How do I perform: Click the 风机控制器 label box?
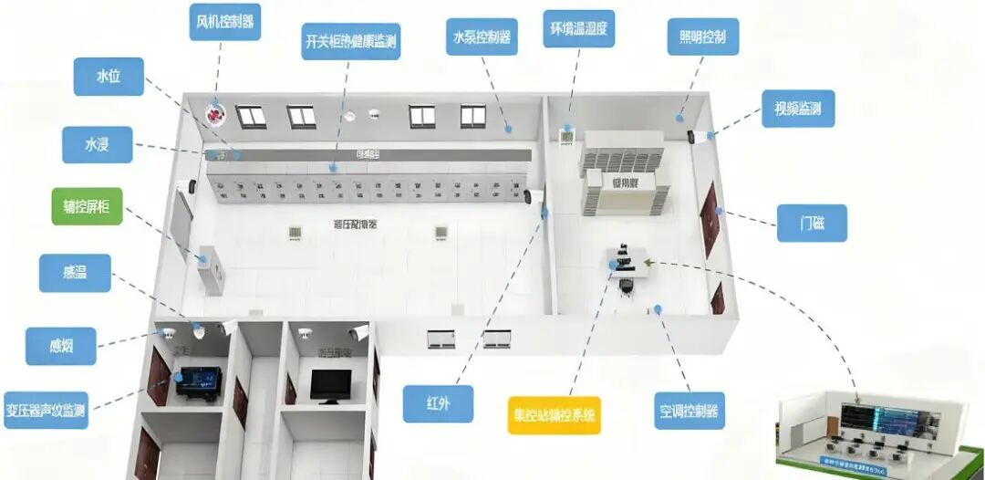click(x=225, y=22)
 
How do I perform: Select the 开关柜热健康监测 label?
click(x=351, y=41)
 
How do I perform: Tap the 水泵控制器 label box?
click(x=482, y=37)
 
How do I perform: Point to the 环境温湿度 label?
click(x=578, y=29)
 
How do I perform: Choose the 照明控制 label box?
click(x=702, y=37)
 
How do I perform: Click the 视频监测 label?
click(x=798, y=108)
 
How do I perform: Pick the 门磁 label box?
click(x=812, y=223)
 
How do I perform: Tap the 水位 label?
click(x=109, y=77)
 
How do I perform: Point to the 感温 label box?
click(x=75, y=273)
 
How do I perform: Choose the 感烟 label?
click(x=61, y=346)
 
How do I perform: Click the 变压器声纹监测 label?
click(x=46, y=409)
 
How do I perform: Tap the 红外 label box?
click(x=438, y=403)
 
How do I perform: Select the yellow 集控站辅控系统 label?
click(x=555, y=414)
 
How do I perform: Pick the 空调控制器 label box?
click(x=689, y=411)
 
